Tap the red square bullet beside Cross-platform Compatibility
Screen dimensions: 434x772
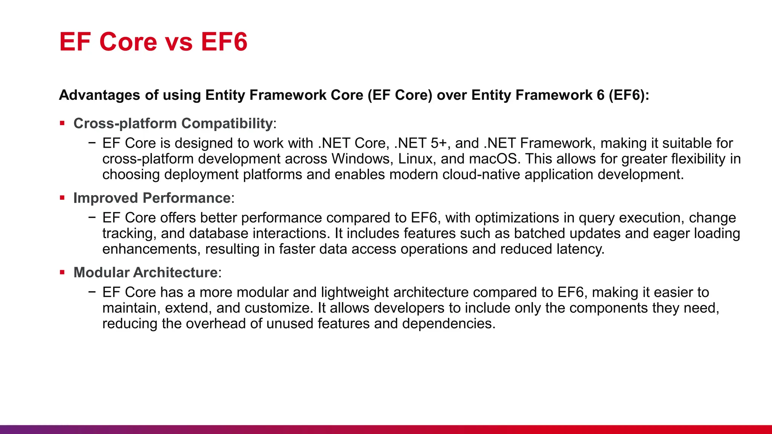(x=62, y=123)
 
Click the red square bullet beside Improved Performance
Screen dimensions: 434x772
(x=62, y=197)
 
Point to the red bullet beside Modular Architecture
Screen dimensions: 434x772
(x=62, y=272)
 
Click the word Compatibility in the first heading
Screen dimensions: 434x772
(x=227, y=124)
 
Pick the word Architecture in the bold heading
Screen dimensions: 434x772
(x=180, y=272)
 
